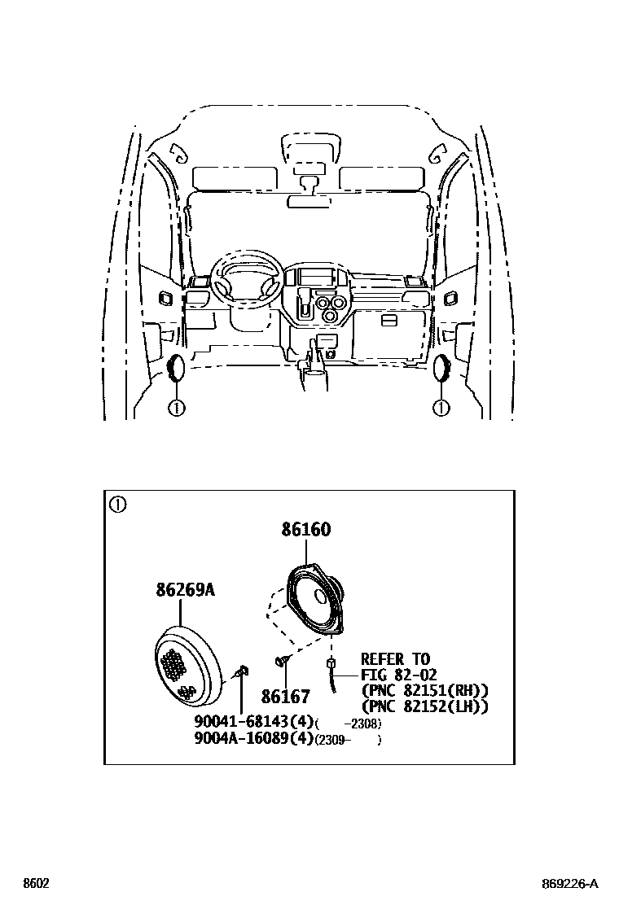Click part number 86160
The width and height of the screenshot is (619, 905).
coord(306,530)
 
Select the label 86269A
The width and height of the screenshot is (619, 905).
coord(186,589)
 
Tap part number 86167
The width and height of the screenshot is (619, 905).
coord(285,697)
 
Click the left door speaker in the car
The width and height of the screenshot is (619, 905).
coord(176,368)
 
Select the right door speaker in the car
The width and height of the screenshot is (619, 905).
coord(444,368)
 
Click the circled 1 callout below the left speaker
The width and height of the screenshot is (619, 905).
coord(176,408)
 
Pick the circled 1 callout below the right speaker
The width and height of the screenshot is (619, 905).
coord(441,408)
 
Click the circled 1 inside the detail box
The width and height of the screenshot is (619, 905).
coord(119,505)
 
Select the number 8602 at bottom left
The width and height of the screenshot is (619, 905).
coord(36,884)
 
